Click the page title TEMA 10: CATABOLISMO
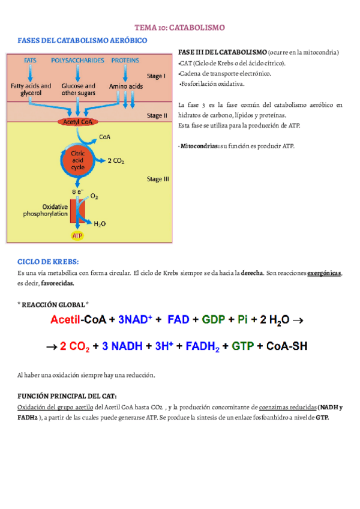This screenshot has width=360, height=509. pyautogui.click(x=179, y=28)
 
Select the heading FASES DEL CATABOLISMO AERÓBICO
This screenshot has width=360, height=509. pyautogui.click(x=82, y=40)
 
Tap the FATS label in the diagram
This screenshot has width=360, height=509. pyautogui.click(x=30, y=60)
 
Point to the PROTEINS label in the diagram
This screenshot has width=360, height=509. pyautogui.click(x=125, y=60)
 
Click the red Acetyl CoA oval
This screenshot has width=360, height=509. pyautogui.click(x=77, y=122)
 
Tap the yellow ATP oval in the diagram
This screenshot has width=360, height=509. pyautogui.click(x=77, y=236)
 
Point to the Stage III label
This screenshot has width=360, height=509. pyautogui.click(x=158, y=178)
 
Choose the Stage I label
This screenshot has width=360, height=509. pyautogui.click(x=157, y=76)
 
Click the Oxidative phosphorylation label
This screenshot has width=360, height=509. pyautogui.click(x=45, y=209)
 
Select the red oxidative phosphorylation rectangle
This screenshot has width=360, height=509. pyautogui.click(x=77, y=211)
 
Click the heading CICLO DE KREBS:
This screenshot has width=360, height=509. pyautogui.click(x=49, y=262)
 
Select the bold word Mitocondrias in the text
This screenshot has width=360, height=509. pyautogui.click(x=200, y=146)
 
